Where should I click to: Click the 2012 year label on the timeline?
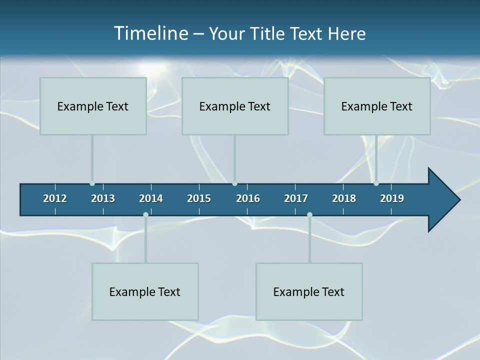(x=55, y=198)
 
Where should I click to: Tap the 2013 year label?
(x=103, y=198)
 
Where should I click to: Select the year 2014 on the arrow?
(x=151, y=198)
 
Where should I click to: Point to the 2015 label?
(x=199, y=198)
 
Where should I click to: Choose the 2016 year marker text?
(x=248, y=198)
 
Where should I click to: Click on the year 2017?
(x=296, y=198)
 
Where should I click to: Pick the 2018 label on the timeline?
(x=344, y=198)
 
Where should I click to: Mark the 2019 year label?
(x=392, y=198)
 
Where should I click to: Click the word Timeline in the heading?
(x=149, y=33)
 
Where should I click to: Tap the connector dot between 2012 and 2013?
(x=92, y=183)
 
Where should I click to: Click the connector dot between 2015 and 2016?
(x=235, y=183)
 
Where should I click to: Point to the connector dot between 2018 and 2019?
(x=376, y=183)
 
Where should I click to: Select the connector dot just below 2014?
(x=145, y=214)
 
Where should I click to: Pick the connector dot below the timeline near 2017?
(x=309, y=214)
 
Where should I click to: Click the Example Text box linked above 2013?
(x=93, y=106)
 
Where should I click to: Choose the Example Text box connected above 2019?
(x=377, y=106)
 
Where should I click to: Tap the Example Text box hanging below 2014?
(x=145, y=291)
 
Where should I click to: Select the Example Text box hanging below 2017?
(x=309, y=291)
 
